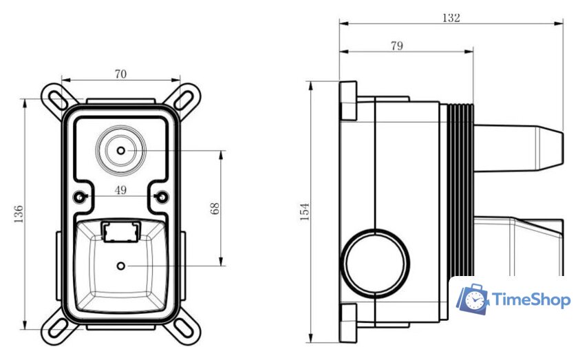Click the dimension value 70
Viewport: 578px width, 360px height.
[120, 74]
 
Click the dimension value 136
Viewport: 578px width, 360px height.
[19, 214]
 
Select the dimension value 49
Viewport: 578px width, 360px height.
[121, 190]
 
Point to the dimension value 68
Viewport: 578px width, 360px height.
[215, 208]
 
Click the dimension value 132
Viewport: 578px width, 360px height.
[451, 18]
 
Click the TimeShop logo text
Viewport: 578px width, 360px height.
[531, 300]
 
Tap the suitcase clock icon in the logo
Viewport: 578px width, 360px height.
[473, 298]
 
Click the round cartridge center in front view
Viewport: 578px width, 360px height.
[121, 150]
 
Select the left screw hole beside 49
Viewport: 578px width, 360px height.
[81, 198]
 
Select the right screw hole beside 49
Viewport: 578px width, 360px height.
[162, 198]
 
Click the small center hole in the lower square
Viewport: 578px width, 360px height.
[121, 266]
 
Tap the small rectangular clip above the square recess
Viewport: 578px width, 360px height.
[120, 231]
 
